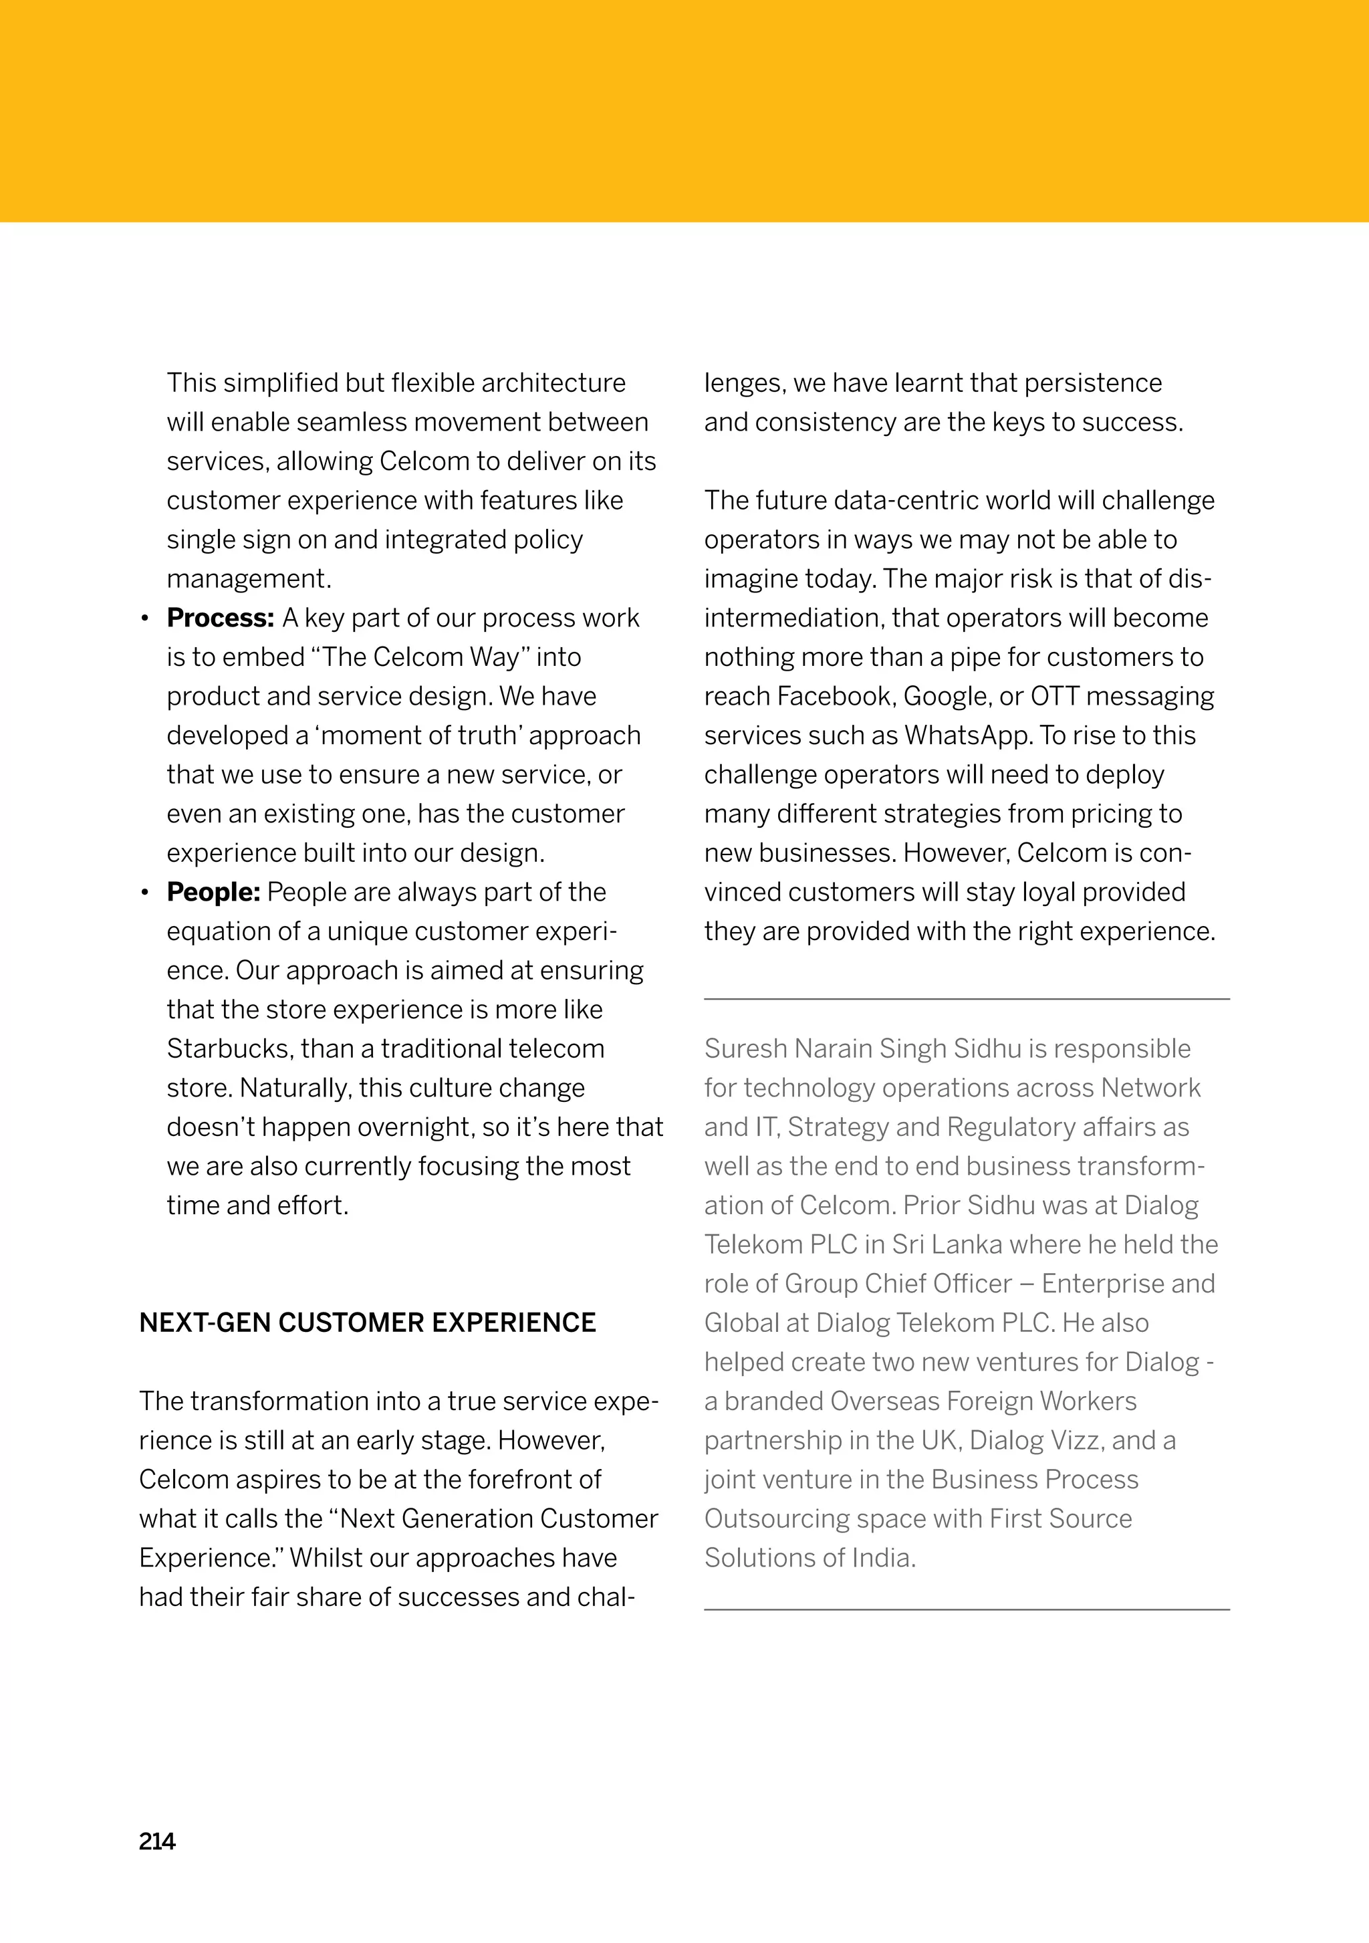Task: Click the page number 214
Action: pos(157,1841)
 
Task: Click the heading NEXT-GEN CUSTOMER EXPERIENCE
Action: pos(367,1323)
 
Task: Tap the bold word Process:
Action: pos(220,618)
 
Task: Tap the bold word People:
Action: pos(213,892)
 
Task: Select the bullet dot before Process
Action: pos(146,619)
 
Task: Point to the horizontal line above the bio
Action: pos(966,1000)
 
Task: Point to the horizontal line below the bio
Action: pos(966,1609)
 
